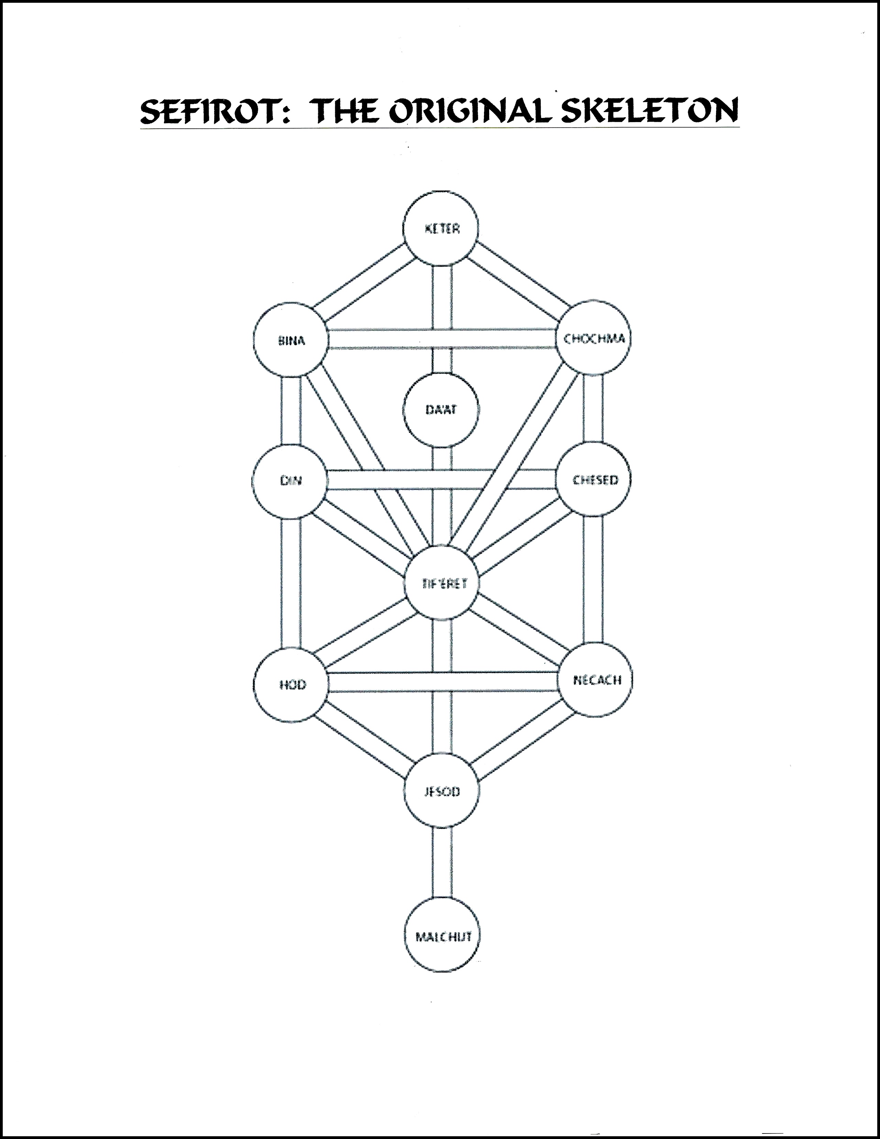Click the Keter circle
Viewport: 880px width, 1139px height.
tap(441, 228)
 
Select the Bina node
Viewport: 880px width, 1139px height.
tap(291, 340)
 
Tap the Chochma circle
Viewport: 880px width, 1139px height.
tap(594, 338)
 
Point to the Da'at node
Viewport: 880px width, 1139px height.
tap(441, 410)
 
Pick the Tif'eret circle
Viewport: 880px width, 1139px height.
tap(443, 583)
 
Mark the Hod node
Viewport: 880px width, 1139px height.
tap(291, 684)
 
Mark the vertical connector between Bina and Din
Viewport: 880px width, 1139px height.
tap(291, 411)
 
